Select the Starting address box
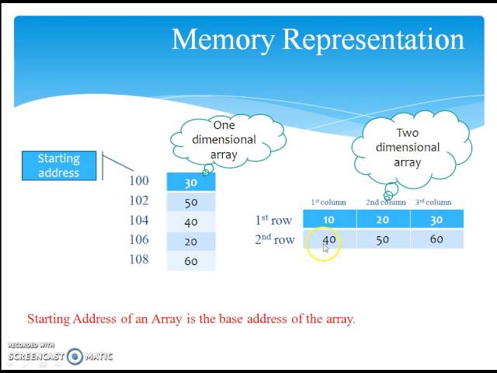[59, 166]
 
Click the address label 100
[138, 181]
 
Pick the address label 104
[138, 221]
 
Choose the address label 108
[138, 260]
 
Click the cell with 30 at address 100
[191, 183]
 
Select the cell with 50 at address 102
[191, 202]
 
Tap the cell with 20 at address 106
[191, 242]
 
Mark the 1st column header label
[328, 203]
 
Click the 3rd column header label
[433, 203]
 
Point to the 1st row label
[273, 220]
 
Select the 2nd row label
[274, 239]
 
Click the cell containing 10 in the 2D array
[329, 220]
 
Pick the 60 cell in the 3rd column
[436, 239]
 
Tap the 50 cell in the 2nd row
[383, 239]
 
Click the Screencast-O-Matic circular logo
[75, 357]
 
